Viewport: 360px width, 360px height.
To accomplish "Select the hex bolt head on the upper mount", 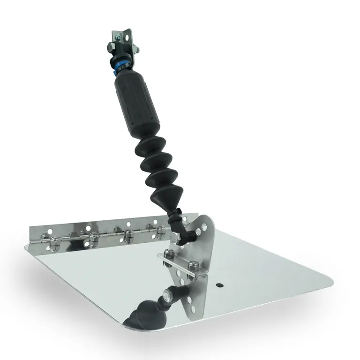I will [109, 47].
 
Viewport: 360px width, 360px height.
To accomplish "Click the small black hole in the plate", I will [219, 285].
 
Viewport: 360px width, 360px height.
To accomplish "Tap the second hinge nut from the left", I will [94, 237].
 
